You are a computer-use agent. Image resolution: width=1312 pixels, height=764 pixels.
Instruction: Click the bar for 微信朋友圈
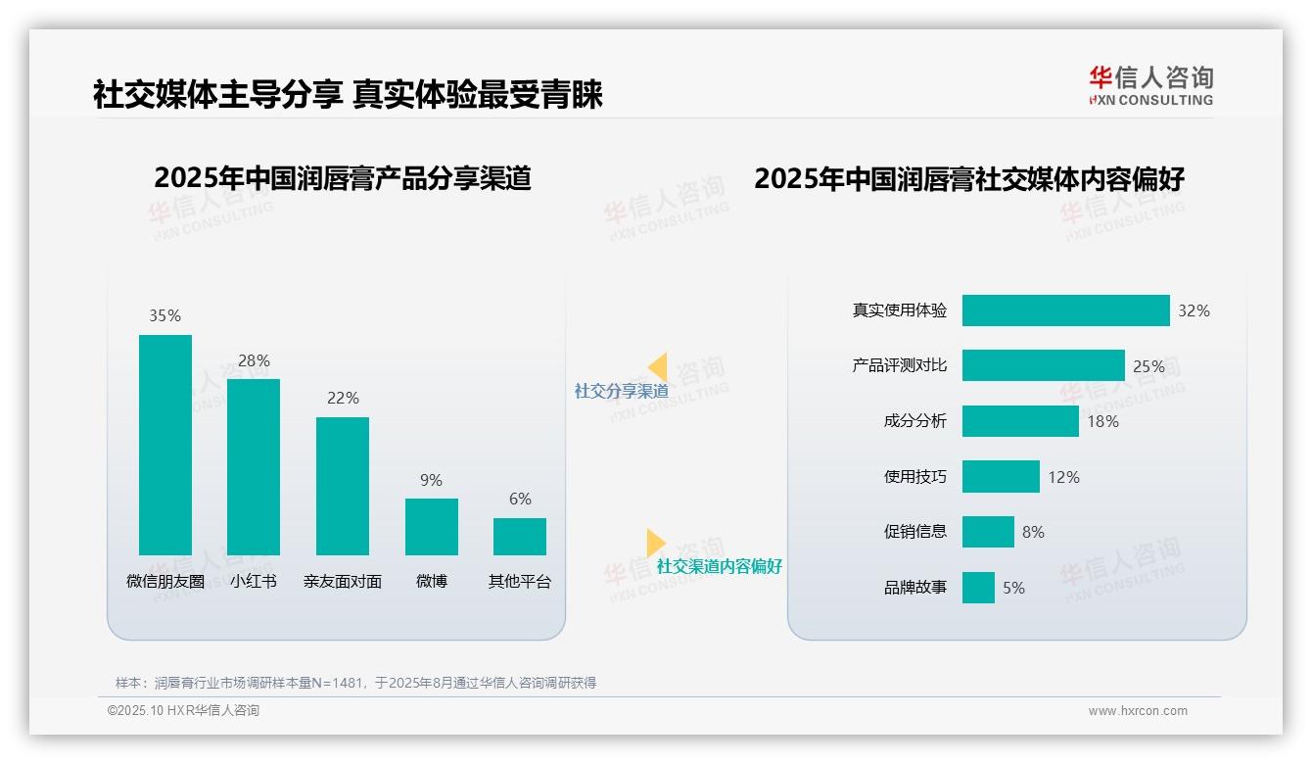click(165, 445)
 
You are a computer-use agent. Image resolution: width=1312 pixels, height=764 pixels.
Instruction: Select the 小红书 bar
click(254, 466)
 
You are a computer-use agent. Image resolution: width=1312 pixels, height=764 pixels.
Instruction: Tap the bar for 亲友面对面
click(343, 486)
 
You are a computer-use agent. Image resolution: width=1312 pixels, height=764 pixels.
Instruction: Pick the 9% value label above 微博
click(431, 480)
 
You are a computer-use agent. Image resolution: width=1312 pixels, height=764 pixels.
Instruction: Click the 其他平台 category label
click(520, 581)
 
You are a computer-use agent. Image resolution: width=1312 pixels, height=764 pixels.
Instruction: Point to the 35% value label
click(164, 315)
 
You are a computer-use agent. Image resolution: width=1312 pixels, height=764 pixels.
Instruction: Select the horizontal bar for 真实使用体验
click(1065, 310)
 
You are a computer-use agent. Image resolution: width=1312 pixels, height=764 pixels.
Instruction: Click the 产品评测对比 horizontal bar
click(1043, 365)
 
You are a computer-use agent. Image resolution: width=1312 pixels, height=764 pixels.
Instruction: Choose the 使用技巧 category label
click(915, 477)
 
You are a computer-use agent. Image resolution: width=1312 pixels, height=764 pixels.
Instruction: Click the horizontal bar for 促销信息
click(988, 532)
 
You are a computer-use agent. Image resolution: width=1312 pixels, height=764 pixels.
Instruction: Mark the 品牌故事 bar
click(978, 588)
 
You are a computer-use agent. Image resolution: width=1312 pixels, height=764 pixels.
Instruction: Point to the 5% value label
click(1013, 588)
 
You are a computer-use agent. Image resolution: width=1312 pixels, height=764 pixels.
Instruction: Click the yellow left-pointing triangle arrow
click(658, 367)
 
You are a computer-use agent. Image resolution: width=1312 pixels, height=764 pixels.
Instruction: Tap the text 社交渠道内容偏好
click(720, 566)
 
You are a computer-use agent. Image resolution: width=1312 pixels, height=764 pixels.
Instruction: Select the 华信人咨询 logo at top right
click(1150, 85)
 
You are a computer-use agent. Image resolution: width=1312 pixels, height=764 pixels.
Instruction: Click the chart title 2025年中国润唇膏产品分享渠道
click(342, 178)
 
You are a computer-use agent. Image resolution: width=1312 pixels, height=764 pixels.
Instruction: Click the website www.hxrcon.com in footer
click(1138, 711)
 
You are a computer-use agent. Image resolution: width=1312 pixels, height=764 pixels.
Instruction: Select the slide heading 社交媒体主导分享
click(216, 94)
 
